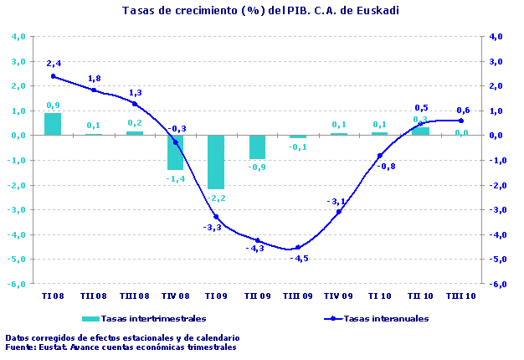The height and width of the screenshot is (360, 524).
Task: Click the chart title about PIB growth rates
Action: (260, 11)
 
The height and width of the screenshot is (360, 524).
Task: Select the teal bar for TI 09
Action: (216, 162)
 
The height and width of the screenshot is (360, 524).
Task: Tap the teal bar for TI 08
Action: (53, 124)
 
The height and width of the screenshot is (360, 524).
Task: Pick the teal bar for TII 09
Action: (257, 147)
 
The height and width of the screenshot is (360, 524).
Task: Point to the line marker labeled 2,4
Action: (53, 76)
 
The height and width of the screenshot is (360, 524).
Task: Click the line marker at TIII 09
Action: (298, 247)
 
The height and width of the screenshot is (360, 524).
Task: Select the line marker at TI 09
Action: (216, 217)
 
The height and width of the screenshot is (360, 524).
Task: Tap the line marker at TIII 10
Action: (461, 121)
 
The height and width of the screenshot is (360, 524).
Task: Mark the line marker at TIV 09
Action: (339, 212)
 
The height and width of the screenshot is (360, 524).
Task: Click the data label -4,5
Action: (299, 259)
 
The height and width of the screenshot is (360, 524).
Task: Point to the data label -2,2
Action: (217, 198)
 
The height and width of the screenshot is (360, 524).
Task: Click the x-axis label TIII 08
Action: (135, 296)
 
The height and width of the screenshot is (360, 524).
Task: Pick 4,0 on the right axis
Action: (495, 37)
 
